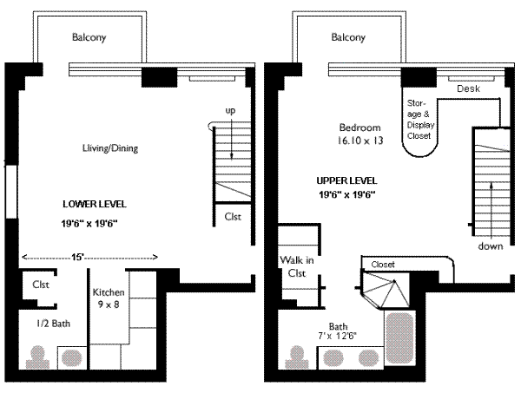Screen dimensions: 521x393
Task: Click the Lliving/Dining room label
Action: (x=110, y=148)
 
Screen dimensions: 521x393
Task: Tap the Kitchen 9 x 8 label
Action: (x=109, y=298)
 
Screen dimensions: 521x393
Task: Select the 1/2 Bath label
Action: (x=53, y=324)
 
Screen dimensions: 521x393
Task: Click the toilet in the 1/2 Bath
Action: (x=37, y=357)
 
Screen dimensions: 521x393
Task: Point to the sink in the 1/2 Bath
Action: (x=72, y=357)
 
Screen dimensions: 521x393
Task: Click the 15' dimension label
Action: (x=77, y=257)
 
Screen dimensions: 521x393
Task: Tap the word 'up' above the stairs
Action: (x=230, y=111)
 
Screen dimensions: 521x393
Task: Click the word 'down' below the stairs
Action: (x=491, y=246)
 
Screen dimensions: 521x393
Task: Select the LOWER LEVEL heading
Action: (x=95, y=204)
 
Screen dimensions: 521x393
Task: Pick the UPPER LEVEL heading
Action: (x=346, y=180)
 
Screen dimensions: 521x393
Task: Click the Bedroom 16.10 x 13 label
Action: (x=360, y=134)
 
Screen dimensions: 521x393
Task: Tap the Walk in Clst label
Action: (x=297, y=266)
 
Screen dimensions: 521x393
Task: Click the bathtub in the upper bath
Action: (x=399, y=337)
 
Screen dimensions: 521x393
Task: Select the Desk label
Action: (x=469, y=88)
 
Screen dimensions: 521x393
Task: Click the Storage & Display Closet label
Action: (x=420, y=120)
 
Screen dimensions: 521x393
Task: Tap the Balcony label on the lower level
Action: (x=89, y=36)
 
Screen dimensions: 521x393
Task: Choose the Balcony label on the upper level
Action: (x=348, y=36)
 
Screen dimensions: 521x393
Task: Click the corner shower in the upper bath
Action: (x=386, y=290)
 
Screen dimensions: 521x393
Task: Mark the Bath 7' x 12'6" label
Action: (x=338, y=331)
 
